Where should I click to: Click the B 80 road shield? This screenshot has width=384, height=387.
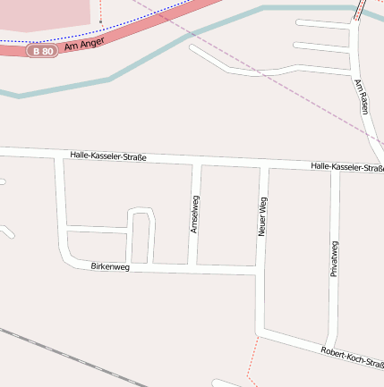[x=42, y=51]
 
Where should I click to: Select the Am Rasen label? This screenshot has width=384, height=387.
[x=362, y=97]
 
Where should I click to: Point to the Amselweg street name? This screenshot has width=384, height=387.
[x=194, y=215]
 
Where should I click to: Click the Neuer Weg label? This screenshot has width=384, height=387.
[x=262, y=216]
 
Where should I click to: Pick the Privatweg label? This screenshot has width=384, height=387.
[x=334, y=258]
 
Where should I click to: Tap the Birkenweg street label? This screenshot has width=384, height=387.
[x=110, y=267]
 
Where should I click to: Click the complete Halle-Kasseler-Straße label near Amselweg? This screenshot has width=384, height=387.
[x=107, y=157]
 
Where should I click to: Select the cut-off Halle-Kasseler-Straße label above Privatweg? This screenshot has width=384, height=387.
[x=347, y=167]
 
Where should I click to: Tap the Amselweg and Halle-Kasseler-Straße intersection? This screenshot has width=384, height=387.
[x=198, y=164]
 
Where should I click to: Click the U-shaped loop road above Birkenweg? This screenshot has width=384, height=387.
[x=141, y=213]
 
